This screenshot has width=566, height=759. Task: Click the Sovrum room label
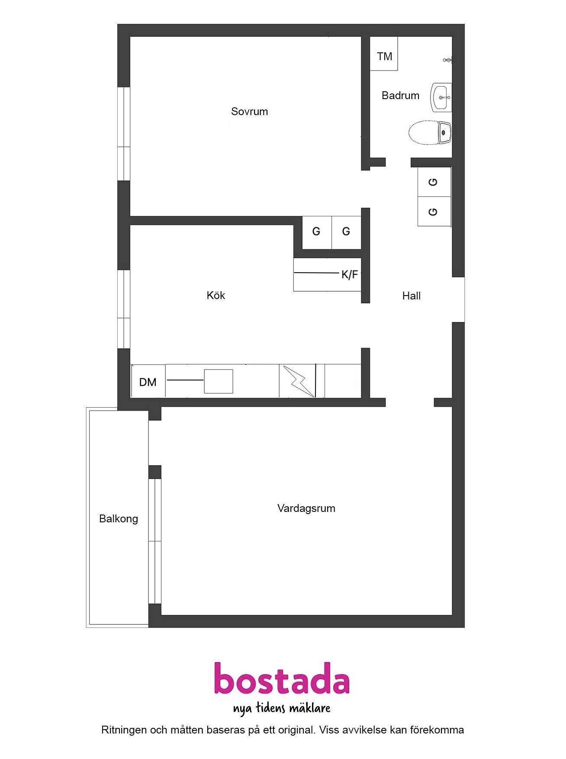tap(249, 112)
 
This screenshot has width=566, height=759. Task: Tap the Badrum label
tap(400, 96)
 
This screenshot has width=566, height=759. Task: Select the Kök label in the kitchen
tap(216, 295)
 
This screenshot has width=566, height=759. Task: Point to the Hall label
tap(411, 296)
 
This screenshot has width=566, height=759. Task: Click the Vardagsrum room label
tap(306, 508)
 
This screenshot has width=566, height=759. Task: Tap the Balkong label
tap(119, 519)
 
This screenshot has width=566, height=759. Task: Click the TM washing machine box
tap(384, 54)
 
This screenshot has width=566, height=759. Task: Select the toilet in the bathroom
tap(430, 132)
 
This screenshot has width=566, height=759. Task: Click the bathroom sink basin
tap(441, 97)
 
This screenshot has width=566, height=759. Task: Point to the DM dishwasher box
tap(148, 381)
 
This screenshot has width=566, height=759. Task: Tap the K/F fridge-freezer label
tap(350, 274)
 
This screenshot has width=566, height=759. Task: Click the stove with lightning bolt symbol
tap(297, 381)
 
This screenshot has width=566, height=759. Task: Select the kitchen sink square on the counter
tap(219, 381)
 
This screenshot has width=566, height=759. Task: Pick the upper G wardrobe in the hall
tap(434, 182)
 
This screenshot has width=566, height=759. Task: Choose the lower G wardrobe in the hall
tap(434, 212)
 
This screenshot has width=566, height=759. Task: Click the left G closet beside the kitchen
tap(317, 232)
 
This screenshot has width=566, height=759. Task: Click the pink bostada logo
tap(282, 679)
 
